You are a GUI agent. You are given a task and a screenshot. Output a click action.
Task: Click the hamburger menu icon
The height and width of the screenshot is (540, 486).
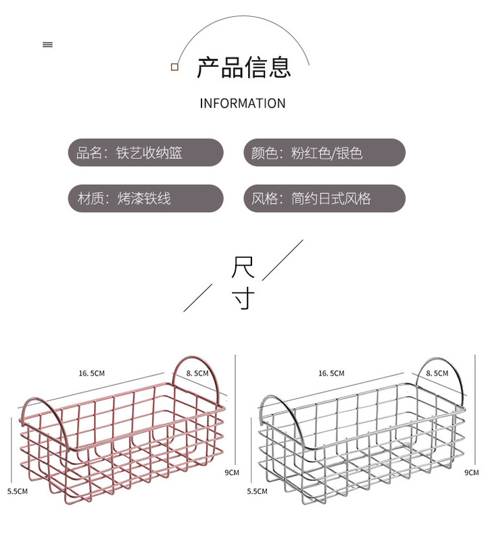[x=47, y=45]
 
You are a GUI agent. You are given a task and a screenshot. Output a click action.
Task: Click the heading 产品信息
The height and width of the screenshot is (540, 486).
[x=243, y=67]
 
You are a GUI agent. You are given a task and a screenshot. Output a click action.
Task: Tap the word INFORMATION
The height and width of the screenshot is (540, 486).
[x=243, y=103]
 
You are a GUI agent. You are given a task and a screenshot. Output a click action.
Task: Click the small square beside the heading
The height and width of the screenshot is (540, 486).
[x=174, y=67]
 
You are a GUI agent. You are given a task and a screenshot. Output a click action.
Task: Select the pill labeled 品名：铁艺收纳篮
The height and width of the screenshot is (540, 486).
[x=145, y=153]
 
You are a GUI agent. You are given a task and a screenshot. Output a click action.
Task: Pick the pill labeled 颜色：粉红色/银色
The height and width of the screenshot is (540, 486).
[x=324, y=153]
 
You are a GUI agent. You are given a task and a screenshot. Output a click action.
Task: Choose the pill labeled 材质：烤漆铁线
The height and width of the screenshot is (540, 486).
[x=145, y=198]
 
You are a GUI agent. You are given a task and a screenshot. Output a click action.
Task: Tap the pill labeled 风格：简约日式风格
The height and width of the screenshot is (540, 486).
[x=324, y=198]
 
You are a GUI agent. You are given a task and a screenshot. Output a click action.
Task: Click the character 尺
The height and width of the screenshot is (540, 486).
[x=243, y=267]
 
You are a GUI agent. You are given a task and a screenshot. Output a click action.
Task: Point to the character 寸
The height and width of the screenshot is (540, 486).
[x=243, y=298]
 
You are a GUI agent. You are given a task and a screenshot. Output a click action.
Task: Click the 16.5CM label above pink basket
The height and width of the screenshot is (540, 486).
[x=92, y=373]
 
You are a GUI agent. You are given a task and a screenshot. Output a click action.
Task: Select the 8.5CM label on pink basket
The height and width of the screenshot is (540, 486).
[x=198, y=373]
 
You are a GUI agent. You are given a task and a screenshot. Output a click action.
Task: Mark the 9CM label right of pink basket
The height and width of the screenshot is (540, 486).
[x=232, y=473]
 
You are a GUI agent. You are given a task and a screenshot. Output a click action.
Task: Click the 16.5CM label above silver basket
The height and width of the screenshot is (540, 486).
[x=331, y=373]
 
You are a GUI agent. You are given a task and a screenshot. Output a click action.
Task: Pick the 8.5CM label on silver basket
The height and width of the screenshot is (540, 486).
[x=437, y=373]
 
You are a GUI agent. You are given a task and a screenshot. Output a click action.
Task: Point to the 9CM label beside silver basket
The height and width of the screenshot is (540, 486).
[x=471, y=473]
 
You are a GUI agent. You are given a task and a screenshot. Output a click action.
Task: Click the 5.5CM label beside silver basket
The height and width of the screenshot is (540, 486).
[x=257, y=491]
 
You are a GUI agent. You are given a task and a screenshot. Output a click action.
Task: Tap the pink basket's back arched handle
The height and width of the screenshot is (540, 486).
[x=197, y=361]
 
